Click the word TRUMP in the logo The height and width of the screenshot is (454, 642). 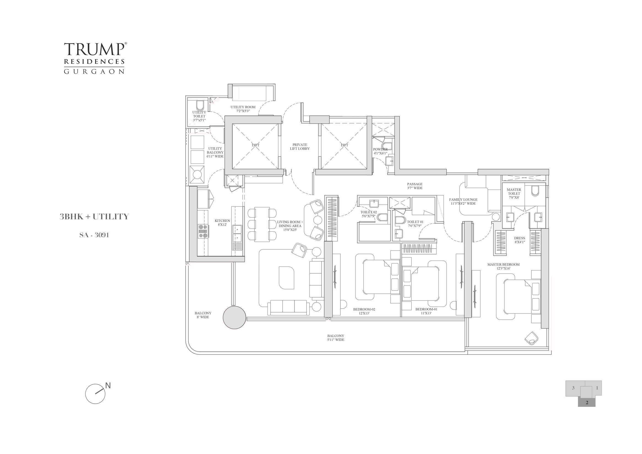coord(94,50)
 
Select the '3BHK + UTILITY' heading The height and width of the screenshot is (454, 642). coord(94,217)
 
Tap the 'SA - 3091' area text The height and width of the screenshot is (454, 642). coord(94,235)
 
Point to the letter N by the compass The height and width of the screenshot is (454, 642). coord(108,386)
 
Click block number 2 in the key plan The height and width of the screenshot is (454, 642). coord(587,411)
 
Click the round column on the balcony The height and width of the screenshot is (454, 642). coord(235,318)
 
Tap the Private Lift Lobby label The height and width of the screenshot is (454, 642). coord(300,147)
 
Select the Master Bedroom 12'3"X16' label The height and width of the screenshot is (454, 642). coord(503,266)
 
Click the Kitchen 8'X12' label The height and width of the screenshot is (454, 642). coord(222,223)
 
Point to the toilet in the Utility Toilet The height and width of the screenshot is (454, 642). coord(200,106)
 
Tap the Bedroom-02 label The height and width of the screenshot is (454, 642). coord(364,311)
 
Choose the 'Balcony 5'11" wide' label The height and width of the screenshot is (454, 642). coord(335,338)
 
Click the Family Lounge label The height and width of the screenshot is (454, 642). coord(463,202)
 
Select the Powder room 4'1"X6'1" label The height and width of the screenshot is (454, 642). coord(380,151)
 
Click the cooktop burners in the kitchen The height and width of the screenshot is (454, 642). coord(203,231)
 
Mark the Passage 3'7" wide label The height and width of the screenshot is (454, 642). coord(415,186)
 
